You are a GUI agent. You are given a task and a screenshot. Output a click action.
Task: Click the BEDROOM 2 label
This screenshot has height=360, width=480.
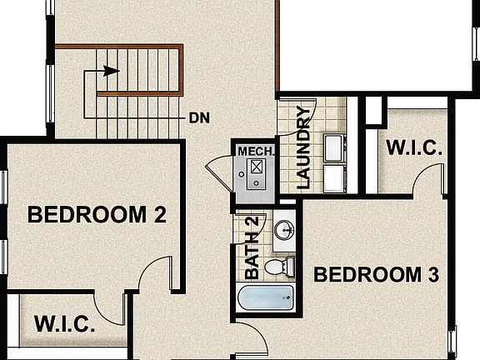(97, 215)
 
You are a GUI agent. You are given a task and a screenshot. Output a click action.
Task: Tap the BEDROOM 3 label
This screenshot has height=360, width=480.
(377, 274)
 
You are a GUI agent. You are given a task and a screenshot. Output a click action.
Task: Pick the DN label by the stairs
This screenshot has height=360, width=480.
(198, 117)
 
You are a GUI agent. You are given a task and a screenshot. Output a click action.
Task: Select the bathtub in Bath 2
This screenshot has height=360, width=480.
(266, 298)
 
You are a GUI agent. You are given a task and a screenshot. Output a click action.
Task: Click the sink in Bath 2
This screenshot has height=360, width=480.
(284, 229)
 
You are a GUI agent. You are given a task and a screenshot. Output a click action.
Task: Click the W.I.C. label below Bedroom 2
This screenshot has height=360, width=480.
(64, 324)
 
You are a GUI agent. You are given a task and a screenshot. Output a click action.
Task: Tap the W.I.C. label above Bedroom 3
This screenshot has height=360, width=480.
(415, 148)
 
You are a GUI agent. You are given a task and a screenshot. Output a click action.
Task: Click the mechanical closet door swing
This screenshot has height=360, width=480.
(218, 171)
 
